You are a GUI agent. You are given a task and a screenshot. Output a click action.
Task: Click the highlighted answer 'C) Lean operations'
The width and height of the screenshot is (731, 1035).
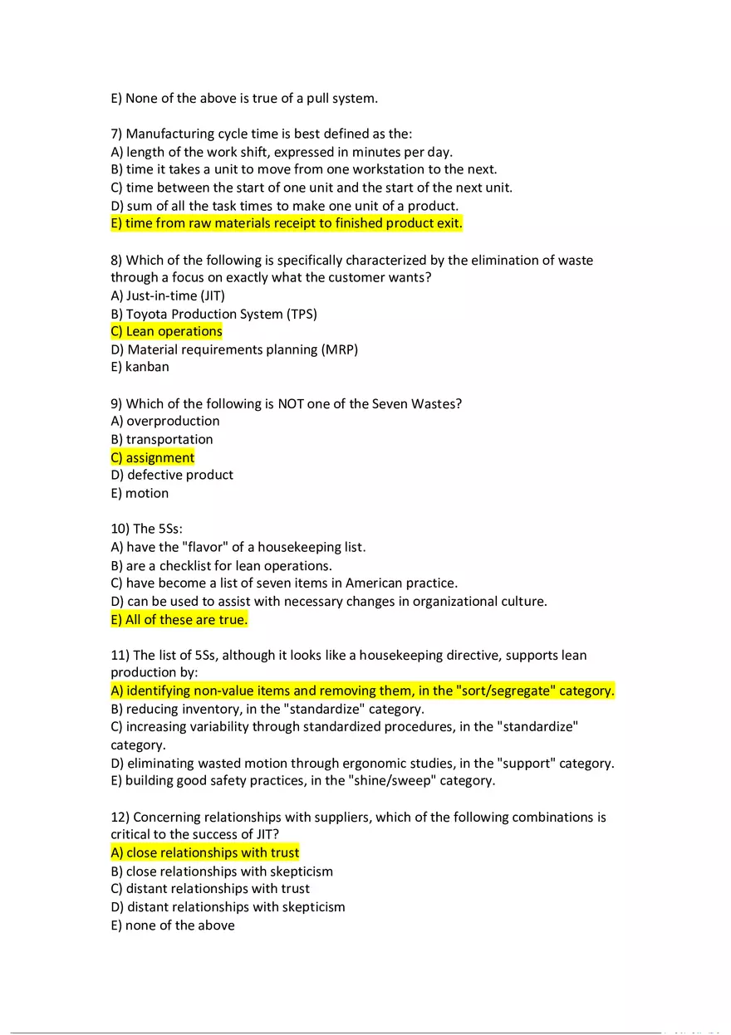(167, 331)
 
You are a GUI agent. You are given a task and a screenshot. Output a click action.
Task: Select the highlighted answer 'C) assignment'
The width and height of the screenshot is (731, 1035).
(153, 457)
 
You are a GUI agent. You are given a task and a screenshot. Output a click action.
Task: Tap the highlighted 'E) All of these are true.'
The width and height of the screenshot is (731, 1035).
(179, 619)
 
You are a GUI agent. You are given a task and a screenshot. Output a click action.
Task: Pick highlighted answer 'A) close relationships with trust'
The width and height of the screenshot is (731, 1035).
(205, 852)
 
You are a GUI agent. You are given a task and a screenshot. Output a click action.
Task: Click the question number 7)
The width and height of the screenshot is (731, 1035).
(117, 134)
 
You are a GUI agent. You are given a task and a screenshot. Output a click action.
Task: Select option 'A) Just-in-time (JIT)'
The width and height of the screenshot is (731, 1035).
(168, 295)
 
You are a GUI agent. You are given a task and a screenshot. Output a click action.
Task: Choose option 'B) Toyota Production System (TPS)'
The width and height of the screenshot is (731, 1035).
(214, 314)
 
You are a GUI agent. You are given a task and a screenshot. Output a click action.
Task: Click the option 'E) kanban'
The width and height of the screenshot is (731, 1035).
(140, 366)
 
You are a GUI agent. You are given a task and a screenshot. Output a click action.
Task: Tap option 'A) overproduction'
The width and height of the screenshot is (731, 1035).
(165, 421)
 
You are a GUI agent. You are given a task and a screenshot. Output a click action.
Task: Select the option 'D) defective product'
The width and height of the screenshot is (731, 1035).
(172, 475)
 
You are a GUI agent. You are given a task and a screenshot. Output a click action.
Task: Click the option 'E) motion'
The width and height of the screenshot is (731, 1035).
(140, 493)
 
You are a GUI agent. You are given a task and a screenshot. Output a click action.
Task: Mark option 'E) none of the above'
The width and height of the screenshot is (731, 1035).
(173, 925)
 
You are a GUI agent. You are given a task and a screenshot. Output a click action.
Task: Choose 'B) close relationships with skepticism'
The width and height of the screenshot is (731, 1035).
(222, 871)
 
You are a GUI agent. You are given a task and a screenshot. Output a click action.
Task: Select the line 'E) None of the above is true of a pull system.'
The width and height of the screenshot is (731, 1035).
(244, 98)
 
